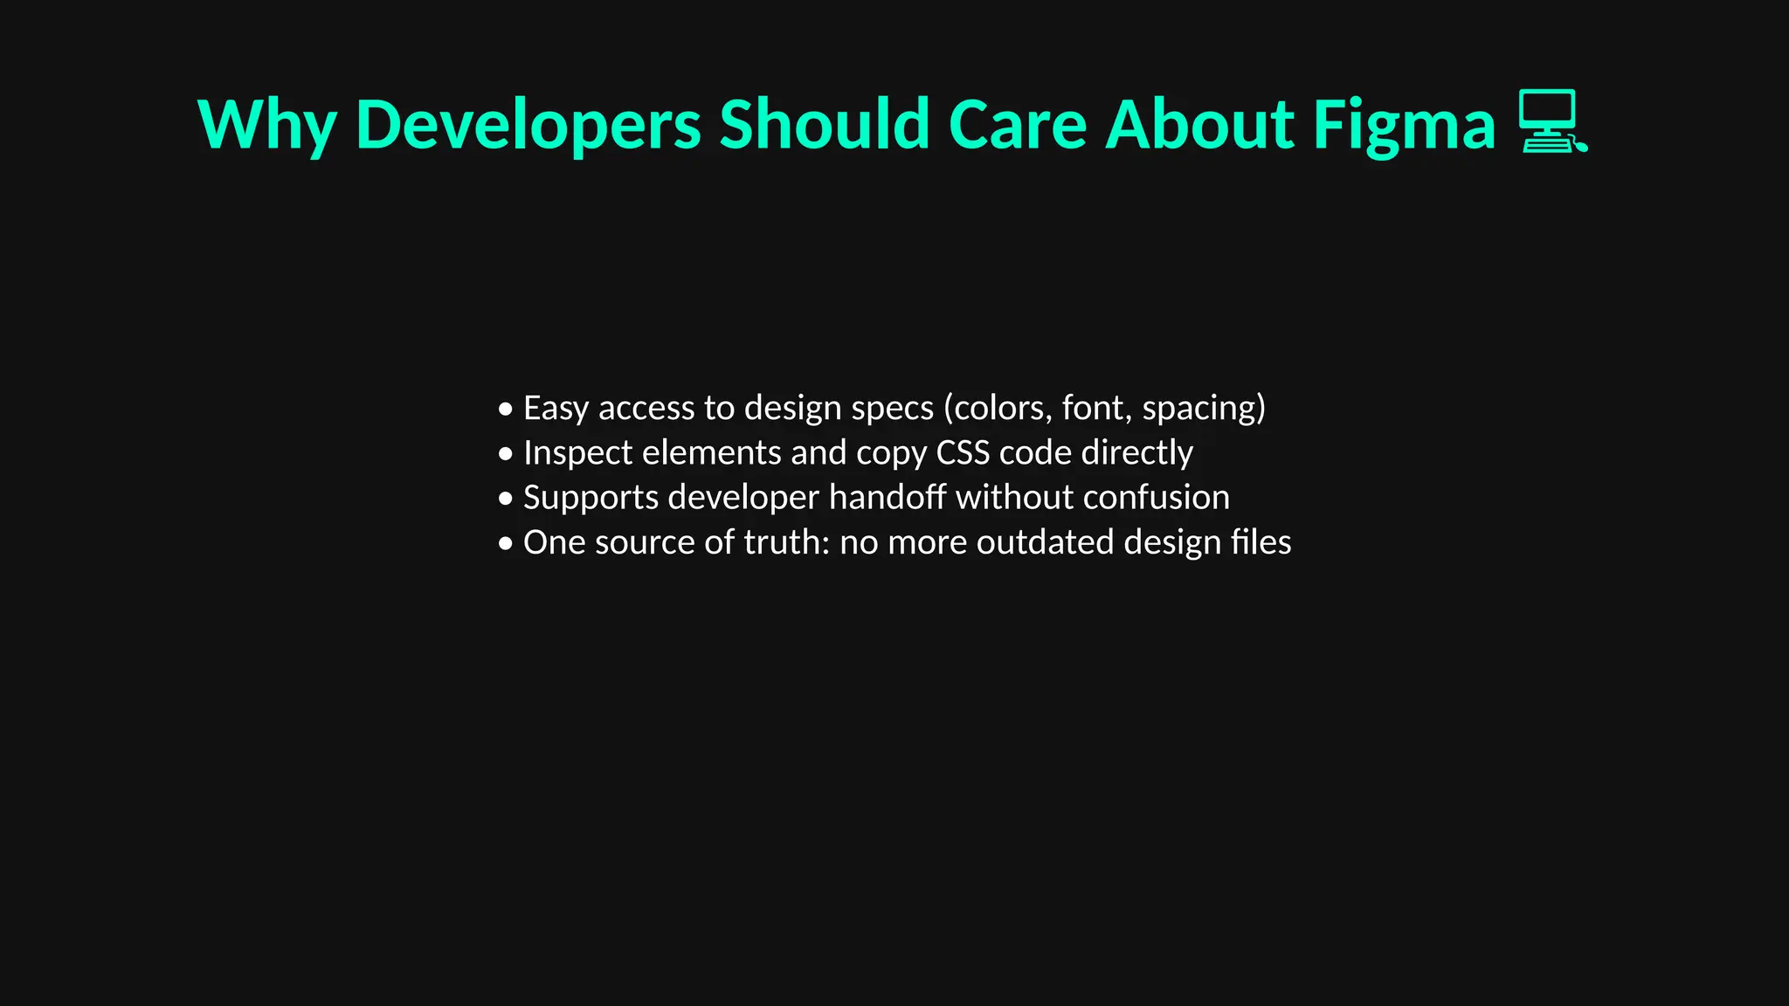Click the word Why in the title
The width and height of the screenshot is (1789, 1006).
click(267, 125)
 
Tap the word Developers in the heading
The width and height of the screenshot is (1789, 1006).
click(528, 125)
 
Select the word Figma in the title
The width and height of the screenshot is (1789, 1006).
click(1404, 125)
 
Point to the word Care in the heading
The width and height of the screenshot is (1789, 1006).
click(1017, 125)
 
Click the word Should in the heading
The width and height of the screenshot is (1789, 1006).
click(824, 125)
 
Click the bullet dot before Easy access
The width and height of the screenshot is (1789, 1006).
click(506, 409)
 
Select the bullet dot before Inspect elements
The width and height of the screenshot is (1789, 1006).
click(506, 454)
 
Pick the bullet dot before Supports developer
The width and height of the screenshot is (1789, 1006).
click(506, 499)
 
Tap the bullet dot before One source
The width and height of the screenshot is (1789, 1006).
click(506, 543)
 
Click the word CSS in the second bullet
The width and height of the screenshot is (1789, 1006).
click(963, 452)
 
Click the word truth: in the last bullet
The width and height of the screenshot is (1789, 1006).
click(786, 542)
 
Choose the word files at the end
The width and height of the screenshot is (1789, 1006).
click(1261, 542)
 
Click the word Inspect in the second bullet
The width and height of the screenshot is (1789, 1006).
click(577, 452)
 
